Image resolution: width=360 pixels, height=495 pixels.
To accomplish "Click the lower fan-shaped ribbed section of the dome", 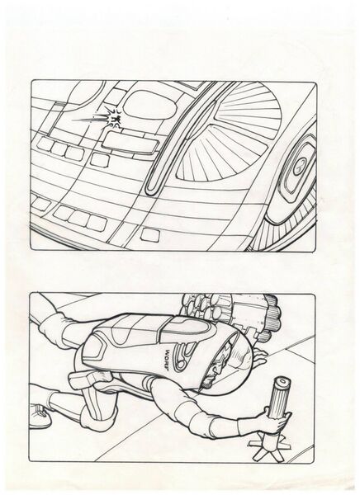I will pos(212,157).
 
